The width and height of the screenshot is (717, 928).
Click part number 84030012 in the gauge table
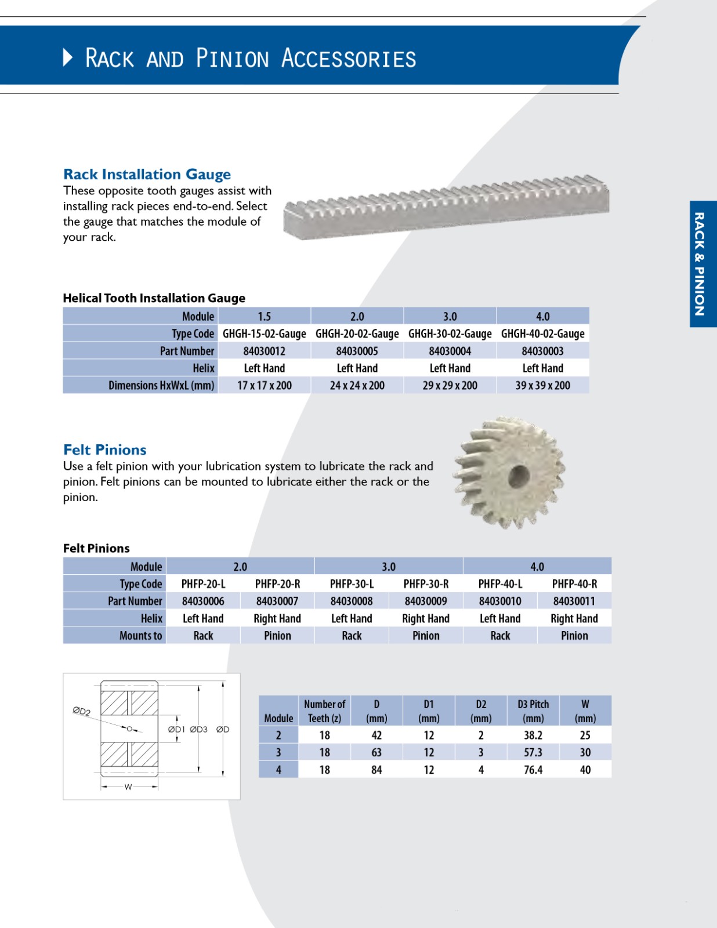click(x=264, y=351)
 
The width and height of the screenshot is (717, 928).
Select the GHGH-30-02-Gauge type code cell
click(x=450, y=333)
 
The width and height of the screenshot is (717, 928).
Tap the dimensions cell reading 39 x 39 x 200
click(x=542, y=386)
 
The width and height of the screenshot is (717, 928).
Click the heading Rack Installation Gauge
click(x=147, y=174)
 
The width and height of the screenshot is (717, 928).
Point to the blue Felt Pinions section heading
click(x=104, y=449)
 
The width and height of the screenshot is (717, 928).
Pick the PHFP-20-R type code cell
click(x=277, y=584)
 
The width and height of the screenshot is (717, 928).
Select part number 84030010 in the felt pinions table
click(x=500, y=601)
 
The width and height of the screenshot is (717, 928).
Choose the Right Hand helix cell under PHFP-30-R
click(x=426, y=619)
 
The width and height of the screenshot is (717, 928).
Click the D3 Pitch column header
click(x=533, y=711)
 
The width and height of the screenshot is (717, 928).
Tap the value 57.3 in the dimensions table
click(x=533, y=753)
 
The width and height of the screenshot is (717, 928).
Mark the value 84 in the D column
click(x=376, y=770)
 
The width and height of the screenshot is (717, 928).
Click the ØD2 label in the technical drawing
click(x=81, y=711)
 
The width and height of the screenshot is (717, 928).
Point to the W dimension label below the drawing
click(x=128, y=787)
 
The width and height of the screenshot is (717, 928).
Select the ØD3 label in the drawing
click(x=198, y=730)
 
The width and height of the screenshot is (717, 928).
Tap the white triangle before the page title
click(x=68, y=57)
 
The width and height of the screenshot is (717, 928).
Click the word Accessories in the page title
click(x=349, y=59)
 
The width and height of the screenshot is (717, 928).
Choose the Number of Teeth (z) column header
click(x=324, y=711)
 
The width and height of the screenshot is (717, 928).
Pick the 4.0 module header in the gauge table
click(x=542, y=317)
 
